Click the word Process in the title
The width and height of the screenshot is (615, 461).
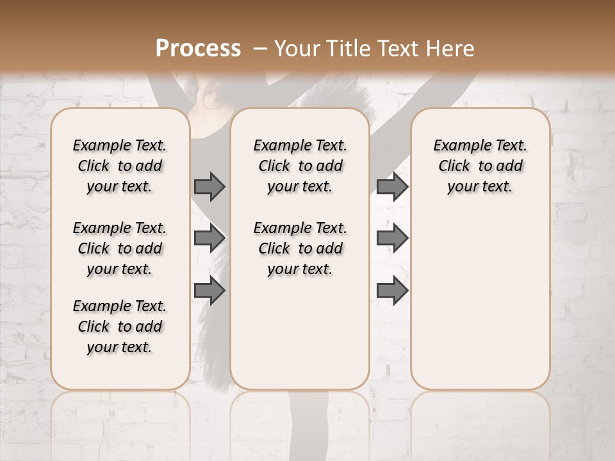pos(198,48)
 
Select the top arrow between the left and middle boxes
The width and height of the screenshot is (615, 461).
pos(209,186)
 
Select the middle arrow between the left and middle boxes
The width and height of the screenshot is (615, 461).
pos(209,238)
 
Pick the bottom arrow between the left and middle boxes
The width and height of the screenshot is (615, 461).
pos(209,291)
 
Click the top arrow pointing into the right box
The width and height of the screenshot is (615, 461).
pos(392,186)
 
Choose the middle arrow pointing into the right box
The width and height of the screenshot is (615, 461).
pos(392,238)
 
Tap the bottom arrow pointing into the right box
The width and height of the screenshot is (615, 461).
pos(392,291)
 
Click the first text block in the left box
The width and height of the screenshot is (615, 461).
pos(120,166)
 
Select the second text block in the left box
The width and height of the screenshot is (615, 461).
pos(120,248)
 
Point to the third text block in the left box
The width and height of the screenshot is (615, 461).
pos(120,327)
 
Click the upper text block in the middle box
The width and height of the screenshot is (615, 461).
pos(300,166)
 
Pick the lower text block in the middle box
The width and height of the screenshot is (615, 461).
pos(300,248)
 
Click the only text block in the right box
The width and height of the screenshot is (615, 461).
pos(480,166)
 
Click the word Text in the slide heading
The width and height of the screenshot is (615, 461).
pos(397,48)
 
